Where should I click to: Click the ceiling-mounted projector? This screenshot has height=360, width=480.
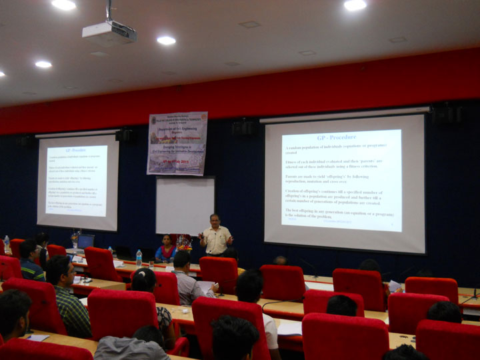109,32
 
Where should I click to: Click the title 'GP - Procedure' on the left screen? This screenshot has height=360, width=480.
75,151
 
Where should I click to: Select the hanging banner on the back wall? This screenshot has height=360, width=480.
177,143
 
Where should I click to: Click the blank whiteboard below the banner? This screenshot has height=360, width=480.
185,205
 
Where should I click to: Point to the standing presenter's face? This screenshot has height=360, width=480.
215,220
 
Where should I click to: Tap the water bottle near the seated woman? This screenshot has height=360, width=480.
139,257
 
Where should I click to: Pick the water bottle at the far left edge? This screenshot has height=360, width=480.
7,244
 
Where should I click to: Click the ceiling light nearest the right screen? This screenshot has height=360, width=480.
355,5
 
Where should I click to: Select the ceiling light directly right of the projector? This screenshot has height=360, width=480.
166,41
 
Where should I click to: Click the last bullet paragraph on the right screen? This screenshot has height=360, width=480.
338,213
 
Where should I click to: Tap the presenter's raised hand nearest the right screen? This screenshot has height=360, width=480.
230,239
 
